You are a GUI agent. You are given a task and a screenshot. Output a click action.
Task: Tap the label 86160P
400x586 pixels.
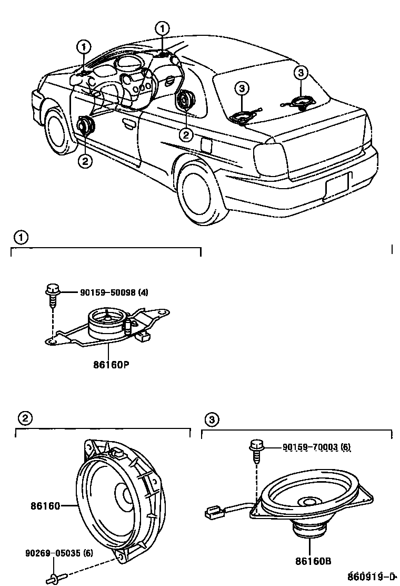(x=107, y=364)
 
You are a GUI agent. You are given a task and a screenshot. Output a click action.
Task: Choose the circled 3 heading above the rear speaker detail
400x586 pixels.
(x=211, y=419)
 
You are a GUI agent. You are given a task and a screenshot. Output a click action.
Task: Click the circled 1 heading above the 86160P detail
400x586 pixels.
(x=19, y=238)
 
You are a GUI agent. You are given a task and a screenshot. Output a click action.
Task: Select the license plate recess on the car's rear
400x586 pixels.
(x=337, y=185)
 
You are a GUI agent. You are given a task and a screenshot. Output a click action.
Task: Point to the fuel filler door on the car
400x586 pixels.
(x=206, y=145)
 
